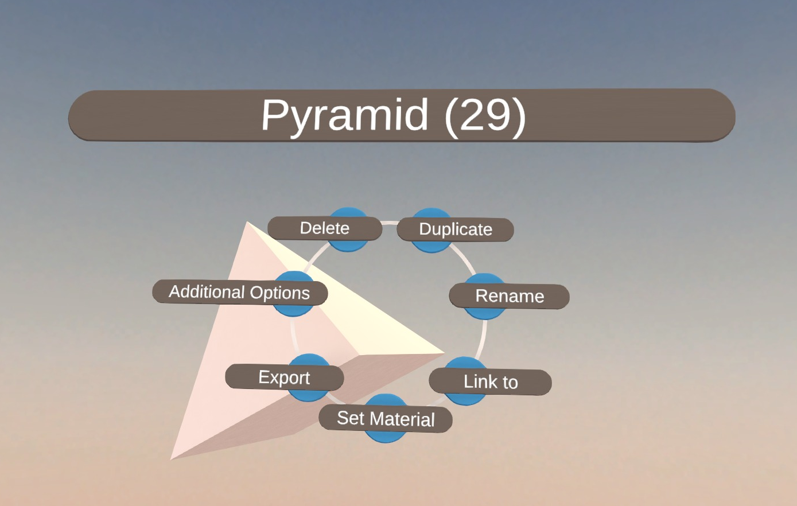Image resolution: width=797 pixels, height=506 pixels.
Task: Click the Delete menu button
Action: [x=325, y=228]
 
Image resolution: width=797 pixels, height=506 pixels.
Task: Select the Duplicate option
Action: [x=456, y=229]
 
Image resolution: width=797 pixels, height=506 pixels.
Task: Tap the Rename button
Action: [x=510, y=296]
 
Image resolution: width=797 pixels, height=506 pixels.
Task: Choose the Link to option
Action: [x=490, y=382]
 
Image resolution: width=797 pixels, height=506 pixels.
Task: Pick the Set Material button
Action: [x=386, y=418]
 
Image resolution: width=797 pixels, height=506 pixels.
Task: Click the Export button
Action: [x=284, y=377]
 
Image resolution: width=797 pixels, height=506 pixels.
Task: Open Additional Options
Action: [x=240, y=292]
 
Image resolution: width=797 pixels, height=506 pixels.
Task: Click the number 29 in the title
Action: [x=485, y=115]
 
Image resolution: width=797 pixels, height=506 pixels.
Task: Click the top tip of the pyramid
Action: [x=247, y=222]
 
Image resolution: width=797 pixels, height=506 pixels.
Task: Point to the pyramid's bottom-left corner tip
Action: [x=171, y=459]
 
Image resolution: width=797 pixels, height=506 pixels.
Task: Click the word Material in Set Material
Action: [x=402, y=419]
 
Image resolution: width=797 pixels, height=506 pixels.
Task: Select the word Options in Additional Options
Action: [x=279, y=293]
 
